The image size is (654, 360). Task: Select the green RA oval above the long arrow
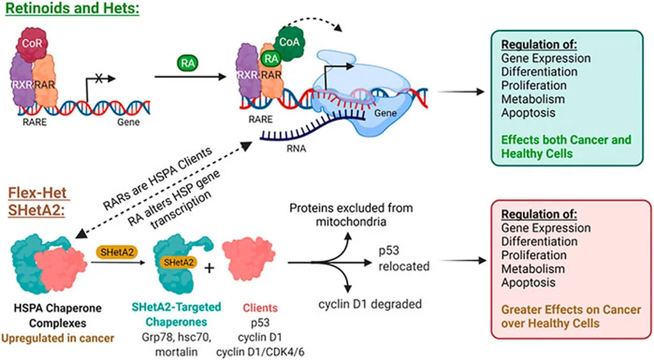click(187, 63)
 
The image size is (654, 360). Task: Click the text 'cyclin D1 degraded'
click(370, 304)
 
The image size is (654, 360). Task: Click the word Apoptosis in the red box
click(528, 282)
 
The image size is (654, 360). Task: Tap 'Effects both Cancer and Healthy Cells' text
click(566, 147)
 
